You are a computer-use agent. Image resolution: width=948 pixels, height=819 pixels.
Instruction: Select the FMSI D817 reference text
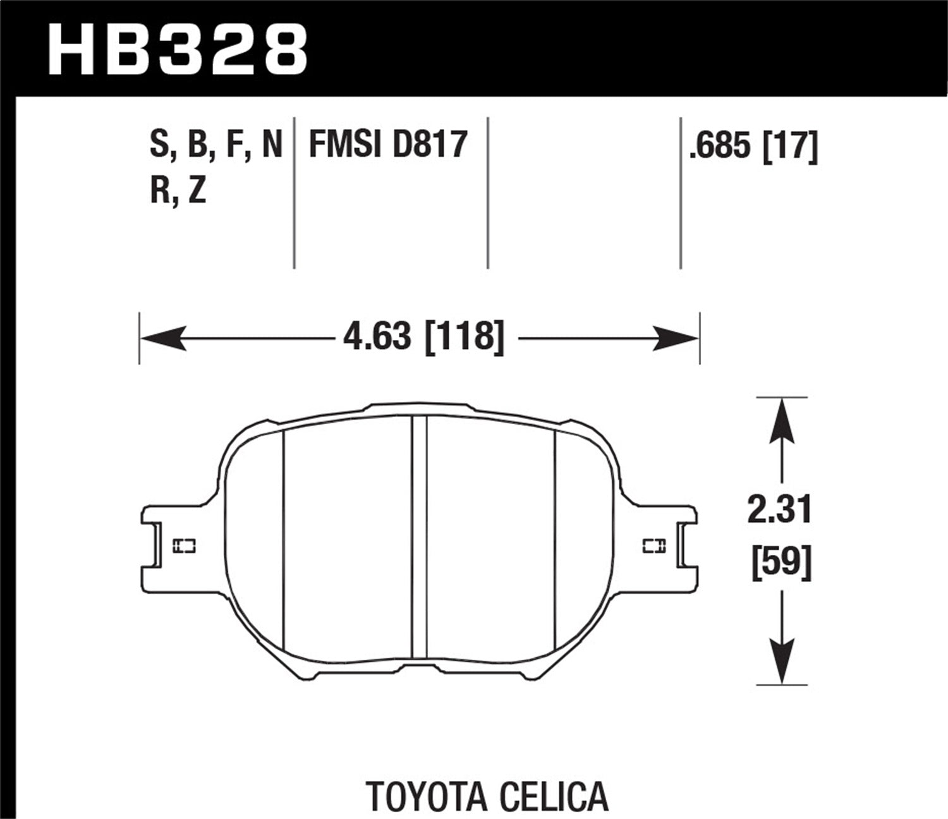coord(387,145)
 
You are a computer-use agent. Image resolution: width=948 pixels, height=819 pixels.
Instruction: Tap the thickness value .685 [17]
coord(754,146)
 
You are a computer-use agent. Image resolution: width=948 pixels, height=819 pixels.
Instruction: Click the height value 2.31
coord(780,511)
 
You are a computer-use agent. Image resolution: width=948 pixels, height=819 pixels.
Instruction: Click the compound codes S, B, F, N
coord(216,145)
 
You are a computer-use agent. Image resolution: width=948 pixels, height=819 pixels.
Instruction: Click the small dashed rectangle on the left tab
coord(185,545)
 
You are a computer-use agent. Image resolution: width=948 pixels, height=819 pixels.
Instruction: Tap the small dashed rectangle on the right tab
coord(653,545)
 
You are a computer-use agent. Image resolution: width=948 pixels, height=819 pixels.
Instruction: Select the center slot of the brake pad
coord(419,537)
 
